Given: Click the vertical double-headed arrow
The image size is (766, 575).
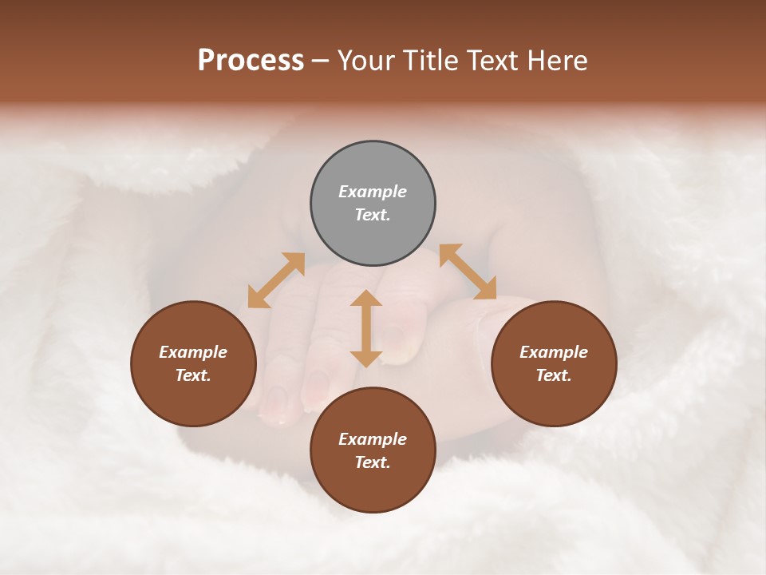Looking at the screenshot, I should click(x=366, y=328).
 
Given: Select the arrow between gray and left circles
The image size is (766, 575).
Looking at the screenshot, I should click(x=276, y=280).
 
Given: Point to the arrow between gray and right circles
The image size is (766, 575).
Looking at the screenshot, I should click(x=468, y=272).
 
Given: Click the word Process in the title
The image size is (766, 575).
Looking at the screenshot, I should click(x=251, y=61).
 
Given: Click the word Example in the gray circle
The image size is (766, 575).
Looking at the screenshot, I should click(x=373, y=192).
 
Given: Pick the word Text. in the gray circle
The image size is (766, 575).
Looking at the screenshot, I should click(x=373, y=215).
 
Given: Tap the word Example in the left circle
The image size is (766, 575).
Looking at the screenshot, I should click(x=193, y=352).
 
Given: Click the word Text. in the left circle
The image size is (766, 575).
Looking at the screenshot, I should click(x=193, y=375).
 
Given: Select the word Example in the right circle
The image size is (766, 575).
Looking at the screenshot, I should click(x=554, y=352).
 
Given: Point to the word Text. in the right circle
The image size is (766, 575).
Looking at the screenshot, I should click(x=554, y=375).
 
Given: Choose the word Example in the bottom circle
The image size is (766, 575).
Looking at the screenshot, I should click(x=373, y=439).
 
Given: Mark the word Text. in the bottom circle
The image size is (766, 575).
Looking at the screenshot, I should click(x=373, y=462).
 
